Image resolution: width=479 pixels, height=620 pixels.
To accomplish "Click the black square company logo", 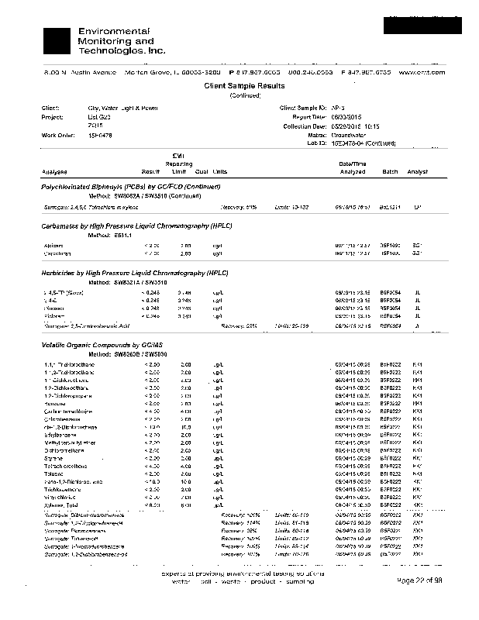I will point(59,40).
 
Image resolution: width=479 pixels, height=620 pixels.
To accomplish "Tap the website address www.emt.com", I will point(422,71).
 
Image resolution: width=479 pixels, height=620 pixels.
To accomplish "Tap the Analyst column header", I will point(418,171).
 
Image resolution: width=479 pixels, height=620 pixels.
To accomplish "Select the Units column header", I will point(220,171).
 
